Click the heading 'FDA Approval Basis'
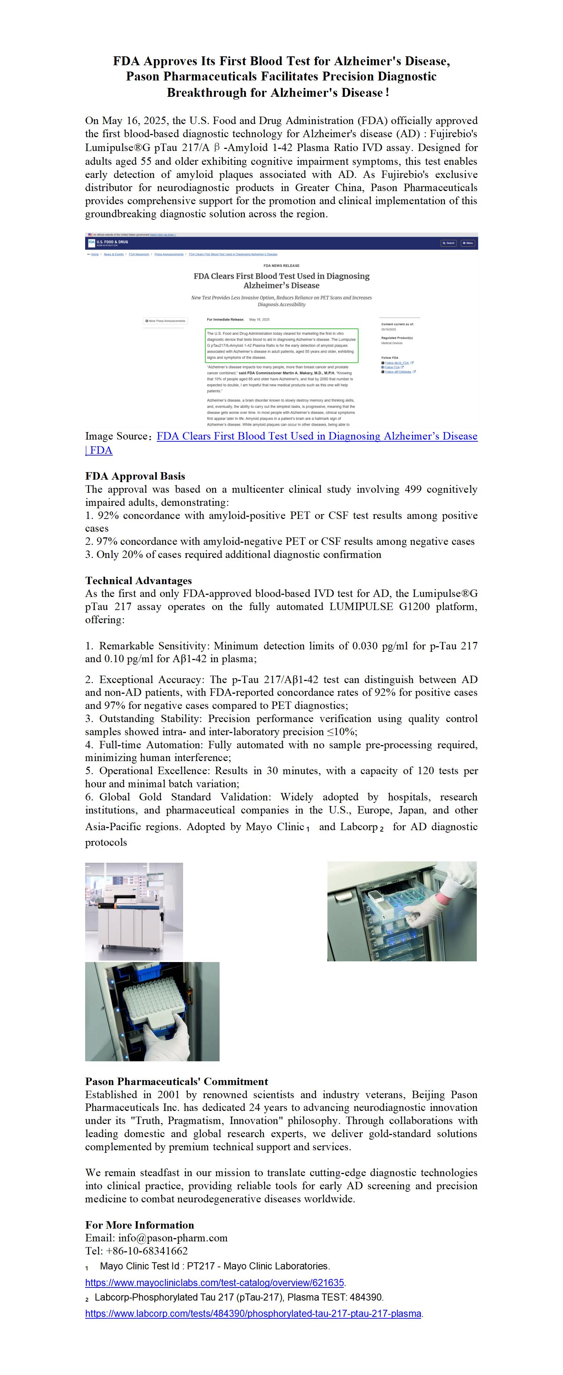(x=135, y=476)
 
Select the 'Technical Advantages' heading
(x=138, y=581)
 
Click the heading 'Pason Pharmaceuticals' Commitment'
(x=176, y=1081)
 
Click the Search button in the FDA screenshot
(x=448, y=243)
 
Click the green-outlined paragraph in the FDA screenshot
(x=282, y=345)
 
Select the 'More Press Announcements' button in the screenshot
(x=165, y=321)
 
